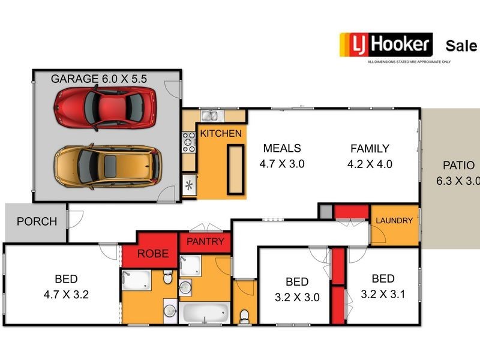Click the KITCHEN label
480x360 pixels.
coord(221,133)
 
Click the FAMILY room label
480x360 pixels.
coord(370,148)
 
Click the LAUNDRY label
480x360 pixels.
coord(394,221)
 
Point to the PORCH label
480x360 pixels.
coord(37,221)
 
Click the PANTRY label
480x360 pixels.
coord(205,242)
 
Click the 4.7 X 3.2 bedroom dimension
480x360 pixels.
coord(66,295)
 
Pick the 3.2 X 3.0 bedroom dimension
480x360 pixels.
coord(297,297)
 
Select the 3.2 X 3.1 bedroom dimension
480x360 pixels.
coord(383,294)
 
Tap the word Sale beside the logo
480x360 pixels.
coord(461,46)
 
